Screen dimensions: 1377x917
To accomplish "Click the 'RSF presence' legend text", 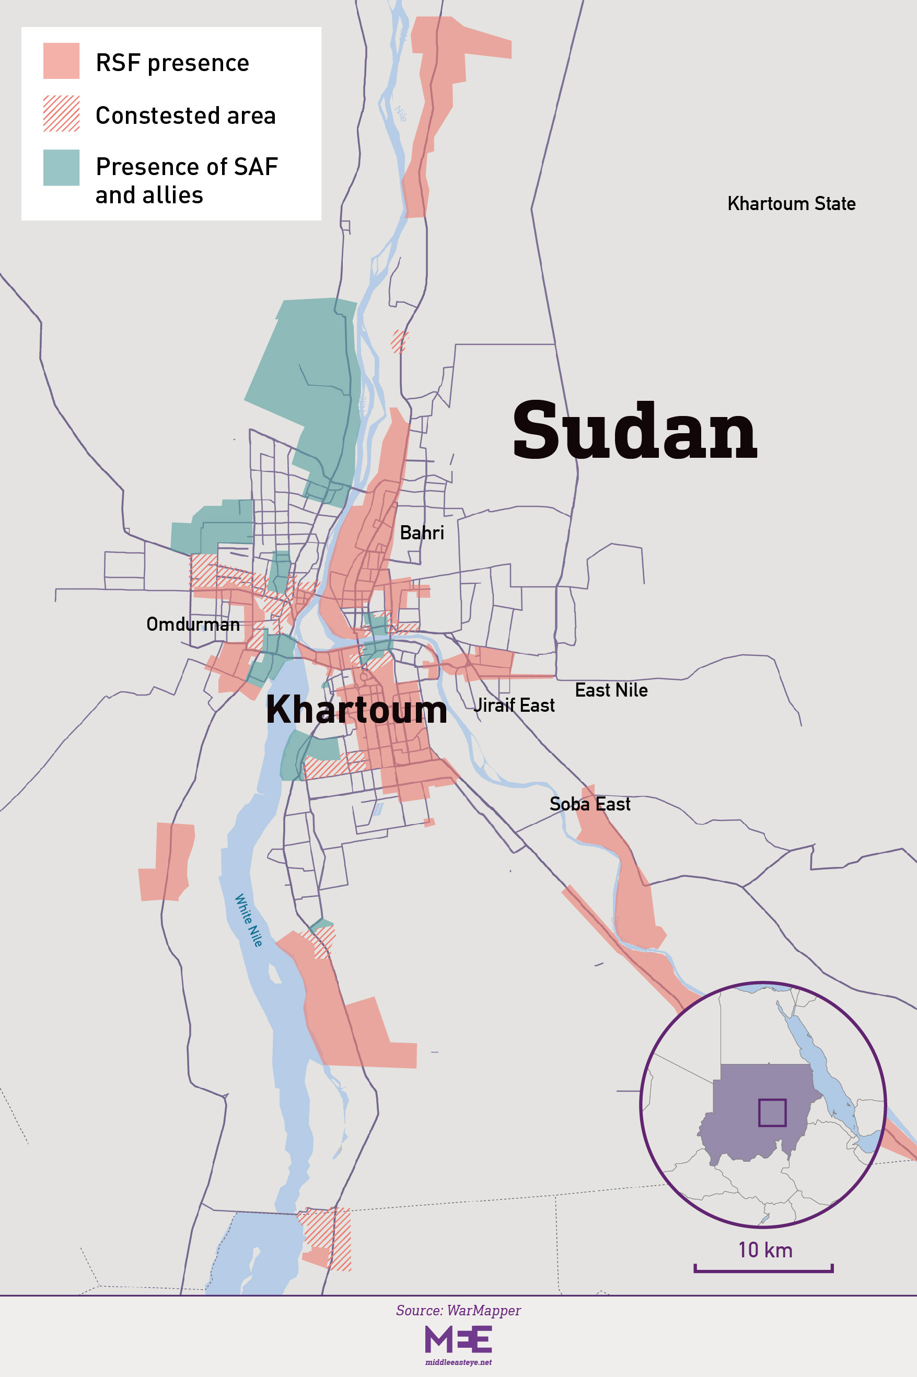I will tap(172, 63).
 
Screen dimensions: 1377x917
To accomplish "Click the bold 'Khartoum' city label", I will tap(356, 710).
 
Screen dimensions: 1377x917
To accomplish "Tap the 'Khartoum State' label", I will tap(791, 204).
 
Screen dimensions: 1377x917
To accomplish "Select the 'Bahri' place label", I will tap(422, 533).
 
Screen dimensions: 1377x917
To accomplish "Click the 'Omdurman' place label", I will tap(193, 624).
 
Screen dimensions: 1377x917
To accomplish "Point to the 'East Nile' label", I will tap(611, 690).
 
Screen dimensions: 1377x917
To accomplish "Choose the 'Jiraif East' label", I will tap(514, 705).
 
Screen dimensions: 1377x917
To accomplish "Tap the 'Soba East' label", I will tap(589, 804).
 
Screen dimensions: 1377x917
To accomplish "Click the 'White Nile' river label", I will tap(249, 920).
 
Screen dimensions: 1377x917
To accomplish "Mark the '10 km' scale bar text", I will tap(765, 1250).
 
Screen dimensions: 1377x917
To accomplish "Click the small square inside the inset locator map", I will tap(772, 1113).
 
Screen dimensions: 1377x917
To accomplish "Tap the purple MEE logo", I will tap(458, 1339).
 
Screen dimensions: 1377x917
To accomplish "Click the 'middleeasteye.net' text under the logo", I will tap(458, 1362).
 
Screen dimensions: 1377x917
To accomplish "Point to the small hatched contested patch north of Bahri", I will tap(399, 341).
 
